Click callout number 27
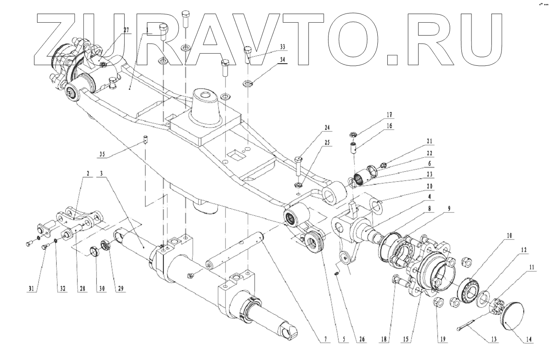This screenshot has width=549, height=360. pos(126,30)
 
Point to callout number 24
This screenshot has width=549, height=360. pos(327,128)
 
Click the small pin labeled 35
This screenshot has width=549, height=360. pos(144,141)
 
